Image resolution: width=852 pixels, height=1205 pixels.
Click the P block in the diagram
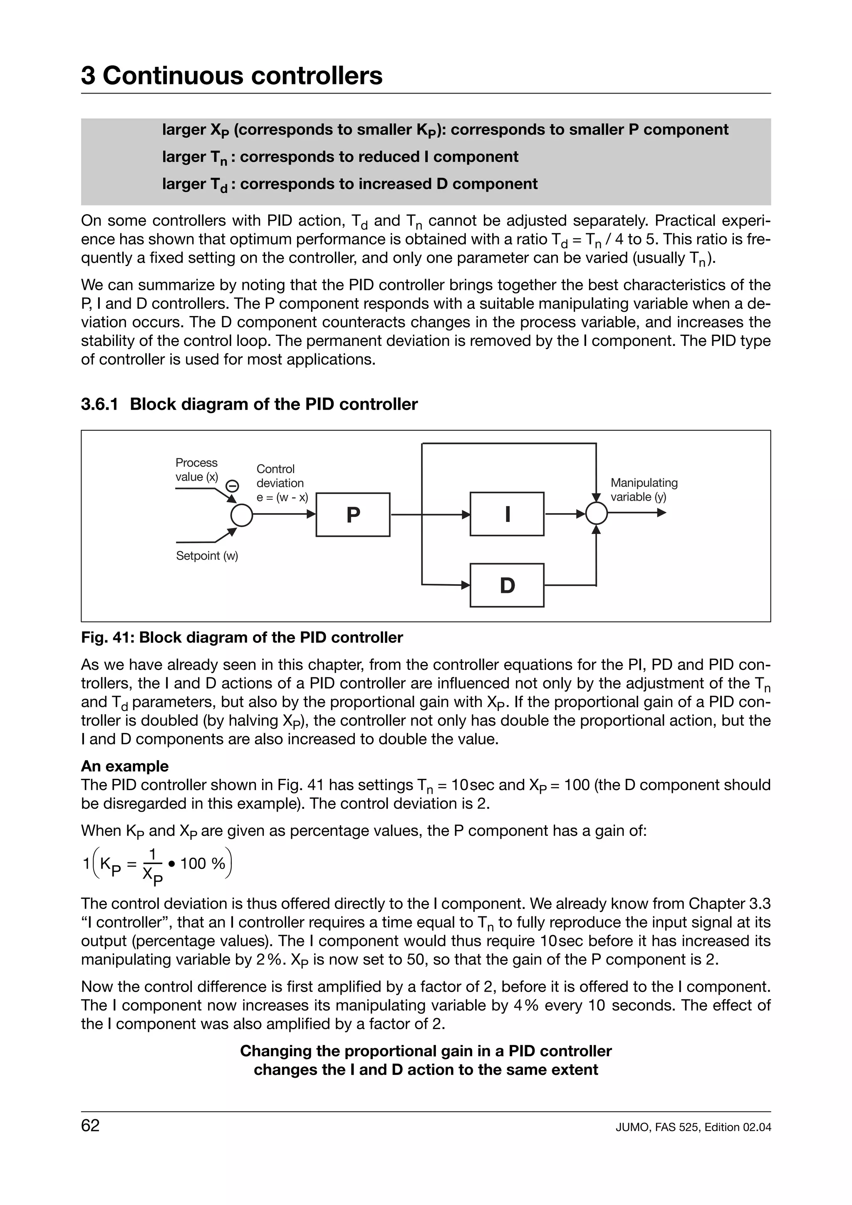tap(353, 515)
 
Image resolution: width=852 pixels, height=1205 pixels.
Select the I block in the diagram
tap(507, 514)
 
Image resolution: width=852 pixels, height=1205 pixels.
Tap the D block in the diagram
tap(507, 585)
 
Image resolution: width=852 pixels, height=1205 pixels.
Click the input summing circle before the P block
tap(241, 515)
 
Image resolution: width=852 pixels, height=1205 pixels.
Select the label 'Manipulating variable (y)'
tap(644, 490)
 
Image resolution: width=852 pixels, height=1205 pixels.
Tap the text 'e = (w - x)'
tap(282, 497)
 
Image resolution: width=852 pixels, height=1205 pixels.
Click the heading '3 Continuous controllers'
tap(231, 76)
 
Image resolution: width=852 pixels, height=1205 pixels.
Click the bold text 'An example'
tap(124, 766)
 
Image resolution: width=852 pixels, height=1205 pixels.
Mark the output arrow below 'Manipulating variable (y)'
tap(638, 513)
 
